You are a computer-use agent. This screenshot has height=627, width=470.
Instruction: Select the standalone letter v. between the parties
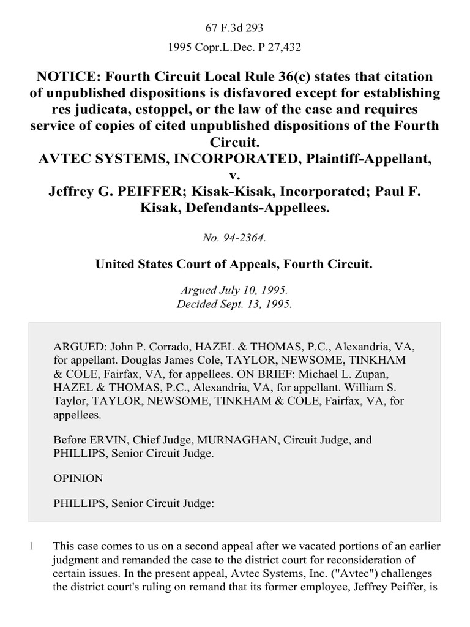pos(235,175)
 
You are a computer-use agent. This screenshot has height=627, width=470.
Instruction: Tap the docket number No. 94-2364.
pos(235,235)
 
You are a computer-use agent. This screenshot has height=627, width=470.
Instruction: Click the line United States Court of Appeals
pos(235,264)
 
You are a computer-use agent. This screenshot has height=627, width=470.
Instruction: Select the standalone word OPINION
pos(78,478)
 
